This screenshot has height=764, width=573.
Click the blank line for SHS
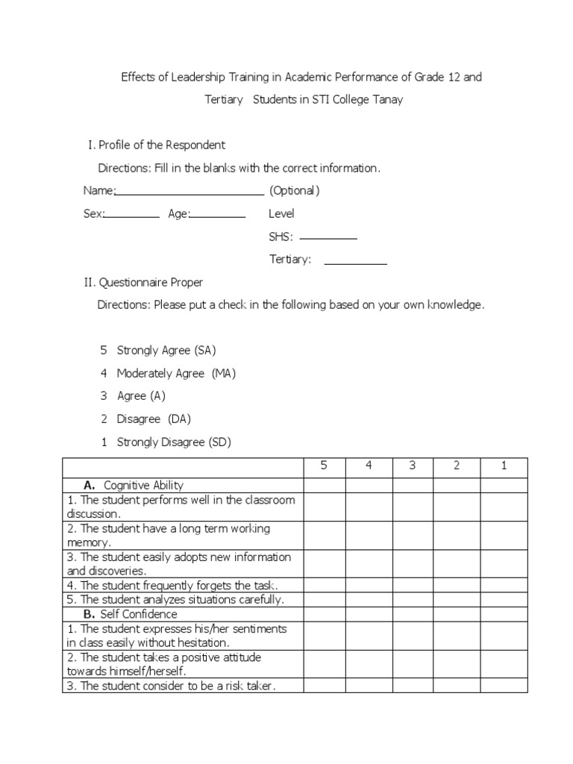[328, 239]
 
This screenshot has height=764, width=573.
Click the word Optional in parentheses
[295, 190]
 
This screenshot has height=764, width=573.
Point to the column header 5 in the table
[324, 466]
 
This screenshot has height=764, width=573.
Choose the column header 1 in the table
[504, 466]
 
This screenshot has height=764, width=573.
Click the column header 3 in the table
[413, 466]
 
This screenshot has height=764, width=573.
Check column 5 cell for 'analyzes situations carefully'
[324, 599]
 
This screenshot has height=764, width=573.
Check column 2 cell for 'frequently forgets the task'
[457, 585]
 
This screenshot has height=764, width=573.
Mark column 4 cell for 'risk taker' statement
[369, 686]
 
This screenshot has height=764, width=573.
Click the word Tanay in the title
[387, 99]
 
